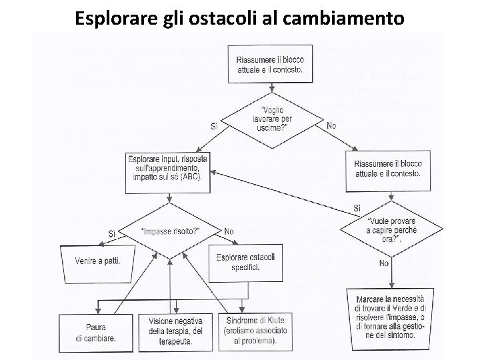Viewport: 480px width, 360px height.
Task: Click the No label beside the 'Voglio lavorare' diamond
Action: (x=331, y=125)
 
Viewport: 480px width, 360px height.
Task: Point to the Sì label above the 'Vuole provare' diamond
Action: (x=357, y=207)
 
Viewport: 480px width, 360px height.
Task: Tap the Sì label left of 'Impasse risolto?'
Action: (x=112, y=233)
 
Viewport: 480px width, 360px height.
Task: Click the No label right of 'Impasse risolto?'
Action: (x=229, y=231)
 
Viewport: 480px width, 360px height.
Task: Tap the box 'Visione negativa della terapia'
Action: (x=175, y=330)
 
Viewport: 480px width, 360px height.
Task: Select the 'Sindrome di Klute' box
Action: (x=255, y=330)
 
